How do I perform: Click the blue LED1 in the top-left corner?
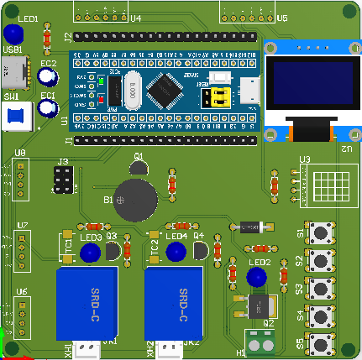(13, 34)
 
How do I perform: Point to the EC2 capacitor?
(48, 77)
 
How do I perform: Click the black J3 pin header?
(61, 179)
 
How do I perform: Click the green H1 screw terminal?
(262, 340)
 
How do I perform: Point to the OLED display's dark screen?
(300, 90)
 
